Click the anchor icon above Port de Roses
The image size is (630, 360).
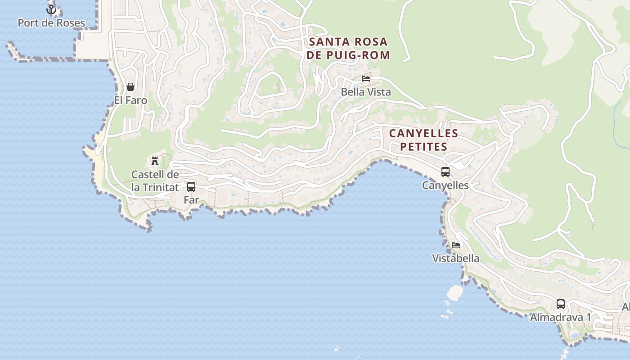click(51, 9)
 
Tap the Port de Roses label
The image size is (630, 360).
click(51, 23)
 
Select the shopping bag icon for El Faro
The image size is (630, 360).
click(130, 87)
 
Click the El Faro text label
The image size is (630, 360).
click(130, 100)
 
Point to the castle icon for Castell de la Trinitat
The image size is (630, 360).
click(155, 161)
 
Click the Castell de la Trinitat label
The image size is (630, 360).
click(155, 181)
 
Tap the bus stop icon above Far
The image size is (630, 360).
click(191, 186)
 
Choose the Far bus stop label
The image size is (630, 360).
click(191, 200)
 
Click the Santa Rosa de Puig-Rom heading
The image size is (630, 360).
click(348, 49)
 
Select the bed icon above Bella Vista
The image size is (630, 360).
click(366, 78)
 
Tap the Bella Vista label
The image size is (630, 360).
click(366, 92)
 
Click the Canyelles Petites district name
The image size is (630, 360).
click(423, 140)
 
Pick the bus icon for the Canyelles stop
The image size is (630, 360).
click(445, 171)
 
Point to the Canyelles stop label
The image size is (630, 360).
click(445, 185)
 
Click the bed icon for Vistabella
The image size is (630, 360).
click(456, 245)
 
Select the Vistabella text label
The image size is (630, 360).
click(456, 258)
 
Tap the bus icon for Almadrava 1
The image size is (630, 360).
click(560, 304)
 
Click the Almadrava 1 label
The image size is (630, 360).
click(560, 317)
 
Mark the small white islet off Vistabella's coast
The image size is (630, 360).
click(455, 293)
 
